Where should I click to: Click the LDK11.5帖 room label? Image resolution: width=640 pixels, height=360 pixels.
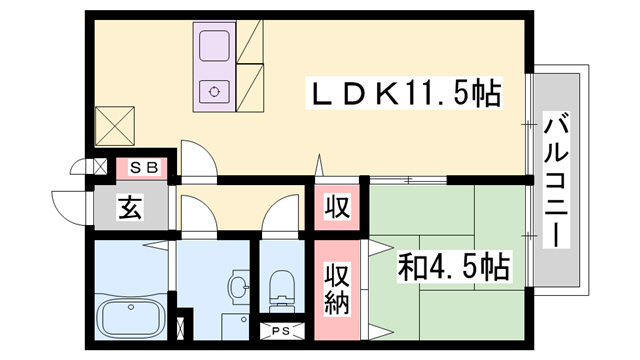404,93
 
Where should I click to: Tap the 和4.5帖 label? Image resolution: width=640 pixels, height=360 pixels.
453,267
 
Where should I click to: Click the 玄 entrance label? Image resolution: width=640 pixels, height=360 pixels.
131,207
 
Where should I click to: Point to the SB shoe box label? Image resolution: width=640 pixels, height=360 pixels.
144,167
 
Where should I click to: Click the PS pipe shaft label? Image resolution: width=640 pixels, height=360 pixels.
281,331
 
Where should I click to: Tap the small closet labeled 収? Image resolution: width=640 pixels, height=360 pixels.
337,207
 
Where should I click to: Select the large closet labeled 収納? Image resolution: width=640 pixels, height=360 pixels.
337,289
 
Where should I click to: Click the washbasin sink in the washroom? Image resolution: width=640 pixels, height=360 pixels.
240,287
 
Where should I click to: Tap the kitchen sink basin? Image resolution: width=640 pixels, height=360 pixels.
214,46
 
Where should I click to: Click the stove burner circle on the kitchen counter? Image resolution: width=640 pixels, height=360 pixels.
214,92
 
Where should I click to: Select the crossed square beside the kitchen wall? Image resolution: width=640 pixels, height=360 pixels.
115,126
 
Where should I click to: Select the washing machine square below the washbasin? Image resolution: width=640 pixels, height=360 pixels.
236,327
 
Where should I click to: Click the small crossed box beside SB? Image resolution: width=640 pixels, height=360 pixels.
100,167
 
